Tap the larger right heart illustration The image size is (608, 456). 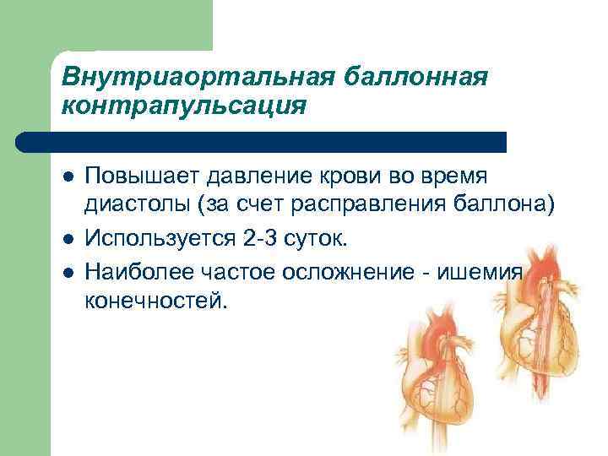(x=532, y=329)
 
